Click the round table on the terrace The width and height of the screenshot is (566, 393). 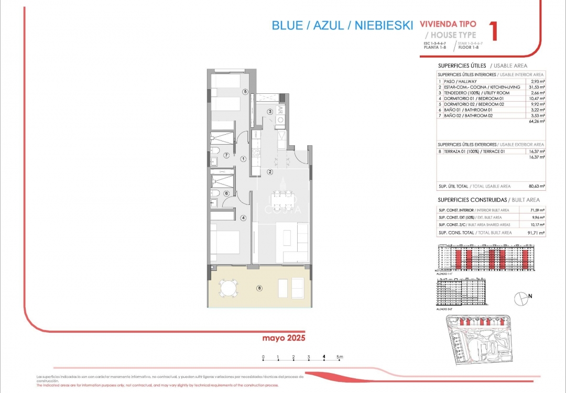point(228,288)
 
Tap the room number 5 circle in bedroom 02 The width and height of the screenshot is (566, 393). point(245,91)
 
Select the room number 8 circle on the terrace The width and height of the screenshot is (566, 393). point(258,288)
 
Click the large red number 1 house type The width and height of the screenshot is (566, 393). point(492,31)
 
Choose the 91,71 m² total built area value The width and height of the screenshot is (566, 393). point(537,232)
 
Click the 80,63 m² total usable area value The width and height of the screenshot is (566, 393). point(537,186)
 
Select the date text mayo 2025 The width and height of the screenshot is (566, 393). point(284,338)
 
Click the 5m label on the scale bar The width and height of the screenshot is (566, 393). point(340,357)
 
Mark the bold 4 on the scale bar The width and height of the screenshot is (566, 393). point(324,357)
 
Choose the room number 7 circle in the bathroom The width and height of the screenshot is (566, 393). point(226,155)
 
